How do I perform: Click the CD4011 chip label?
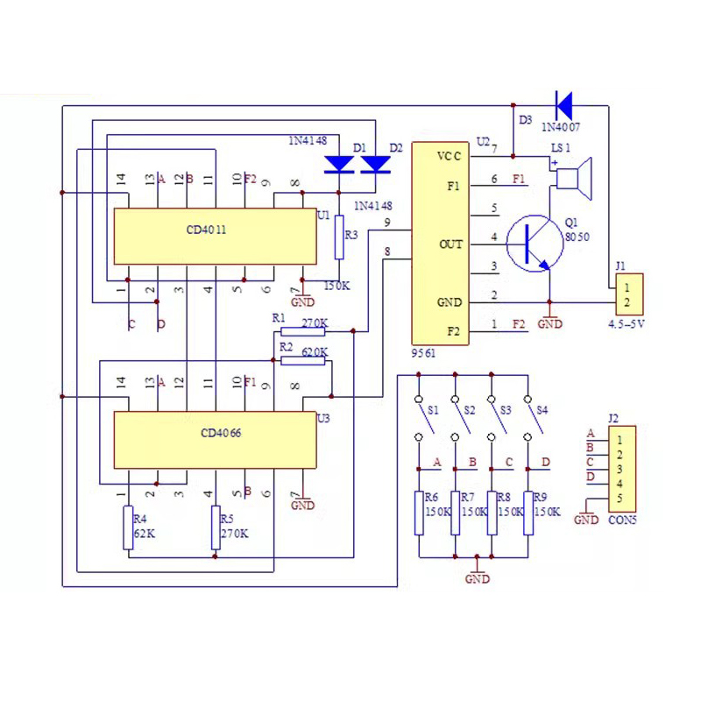pos(207,230)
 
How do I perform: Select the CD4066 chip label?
pos(221,432)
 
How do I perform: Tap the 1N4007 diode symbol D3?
pos(563,105)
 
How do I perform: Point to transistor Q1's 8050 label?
pos(578,236)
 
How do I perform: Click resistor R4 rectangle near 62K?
pos(129,527)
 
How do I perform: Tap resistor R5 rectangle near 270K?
pos(216,527)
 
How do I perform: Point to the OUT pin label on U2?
pos(450,244)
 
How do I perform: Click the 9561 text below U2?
pos(423,352)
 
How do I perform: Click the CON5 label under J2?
pos(622,519)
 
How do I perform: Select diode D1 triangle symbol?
pos(338,164)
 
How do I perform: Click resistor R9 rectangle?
pos(529,513)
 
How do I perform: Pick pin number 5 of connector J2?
pos(620,499)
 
